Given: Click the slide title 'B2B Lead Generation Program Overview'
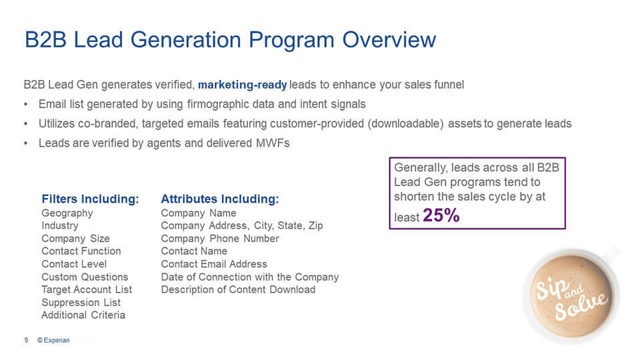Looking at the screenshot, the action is (x=230, y=40).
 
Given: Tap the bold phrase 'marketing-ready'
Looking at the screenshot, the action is (x=243, y=85).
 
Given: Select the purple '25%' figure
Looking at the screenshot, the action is (x=441, y=215).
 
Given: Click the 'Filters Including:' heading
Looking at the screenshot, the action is (x=90, y=199).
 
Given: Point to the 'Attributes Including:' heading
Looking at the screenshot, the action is (x=220, y=199).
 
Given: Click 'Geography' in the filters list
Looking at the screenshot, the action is (x=67, y=213).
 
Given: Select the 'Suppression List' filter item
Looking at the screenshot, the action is (x=81, y=303).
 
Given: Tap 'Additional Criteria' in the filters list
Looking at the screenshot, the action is (x=83, y=315).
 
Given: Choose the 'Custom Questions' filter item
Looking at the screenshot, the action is (x=85, y=277).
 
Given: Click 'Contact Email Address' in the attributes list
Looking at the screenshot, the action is (x=214, y=264).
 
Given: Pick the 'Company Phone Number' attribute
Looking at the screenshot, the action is (x=220, y=239).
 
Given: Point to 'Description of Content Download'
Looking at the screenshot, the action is (x=238, y=290).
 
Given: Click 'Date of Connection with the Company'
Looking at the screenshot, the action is (x=250, y=277).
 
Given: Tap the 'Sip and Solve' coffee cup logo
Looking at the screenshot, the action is (x=571, y=295).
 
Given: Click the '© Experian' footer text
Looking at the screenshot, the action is (x=53, y=340).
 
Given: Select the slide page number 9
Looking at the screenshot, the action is (x=26, y=340).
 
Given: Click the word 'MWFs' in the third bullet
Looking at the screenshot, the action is (x=273, y=143).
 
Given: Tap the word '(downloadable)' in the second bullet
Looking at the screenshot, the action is (x=405, y=124).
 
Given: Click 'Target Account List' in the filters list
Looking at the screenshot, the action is (x=87, y=290).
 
